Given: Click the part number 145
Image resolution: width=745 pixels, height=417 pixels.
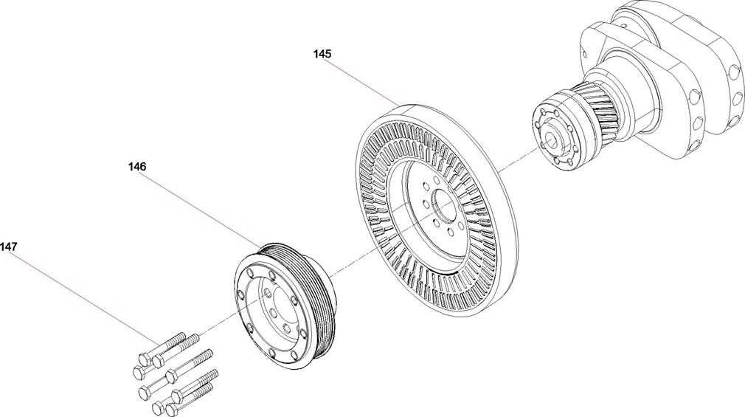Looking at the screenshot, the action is click(322, 54).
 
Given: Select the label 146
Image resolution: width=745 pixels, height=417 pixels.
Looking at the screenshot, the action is click(137, 167).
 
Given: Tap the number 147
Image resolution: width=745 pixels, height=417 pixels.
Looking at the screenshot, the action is click(9, 247).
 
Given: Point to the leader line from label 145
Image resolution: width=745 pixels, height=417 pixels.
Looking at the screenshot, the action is click(365, 82).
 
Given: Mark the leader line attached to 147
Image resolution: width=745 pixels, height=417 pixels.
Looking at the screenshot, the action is click(86, 298).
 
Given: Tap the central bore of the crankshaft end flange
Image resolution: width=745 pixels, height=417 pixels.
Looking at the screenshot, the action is click(551, 138).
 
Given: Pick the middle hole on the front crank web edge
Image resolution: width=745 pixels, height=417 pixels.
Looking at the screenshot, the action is click(698, 123).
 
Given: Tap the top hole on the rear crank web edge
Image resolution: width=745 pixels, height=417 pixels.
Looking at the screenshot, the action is click(735, 72).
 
